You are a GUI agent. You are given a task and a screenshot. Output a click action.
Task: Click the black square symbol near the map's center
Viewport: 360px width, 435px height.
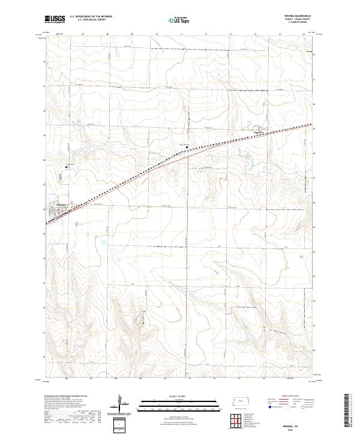tap(187, 146)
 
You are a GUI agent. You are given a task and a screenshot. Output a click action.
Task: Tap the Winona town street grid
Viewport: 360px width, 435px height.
tap(62, 211)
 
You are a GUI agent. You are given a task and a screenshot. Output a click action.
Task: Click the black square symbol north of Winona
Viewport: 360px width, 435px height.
tap(67, 167)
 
